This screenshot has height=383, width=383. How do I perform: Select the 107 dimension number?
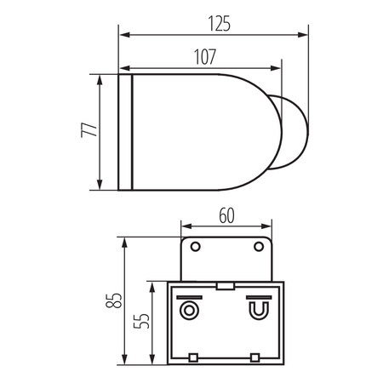(204, 56)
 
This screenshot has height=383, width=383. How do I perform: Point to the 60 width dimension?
(226, 216)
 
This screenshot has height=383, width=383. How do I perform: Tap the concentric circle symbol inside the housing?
(189, 308)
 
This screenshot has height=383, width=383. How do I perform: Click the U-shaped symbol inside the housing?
(255, 310)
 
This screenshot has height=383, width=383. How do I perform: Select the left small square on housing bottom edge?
(193, 355)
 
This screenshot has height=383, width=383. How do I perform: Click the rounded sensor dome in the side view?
(289, 133)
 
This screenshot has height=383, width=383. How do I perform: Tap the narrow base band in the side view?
(126, 133)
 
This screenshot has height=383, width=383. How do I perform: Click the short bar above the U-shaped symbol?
(255, 297)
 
